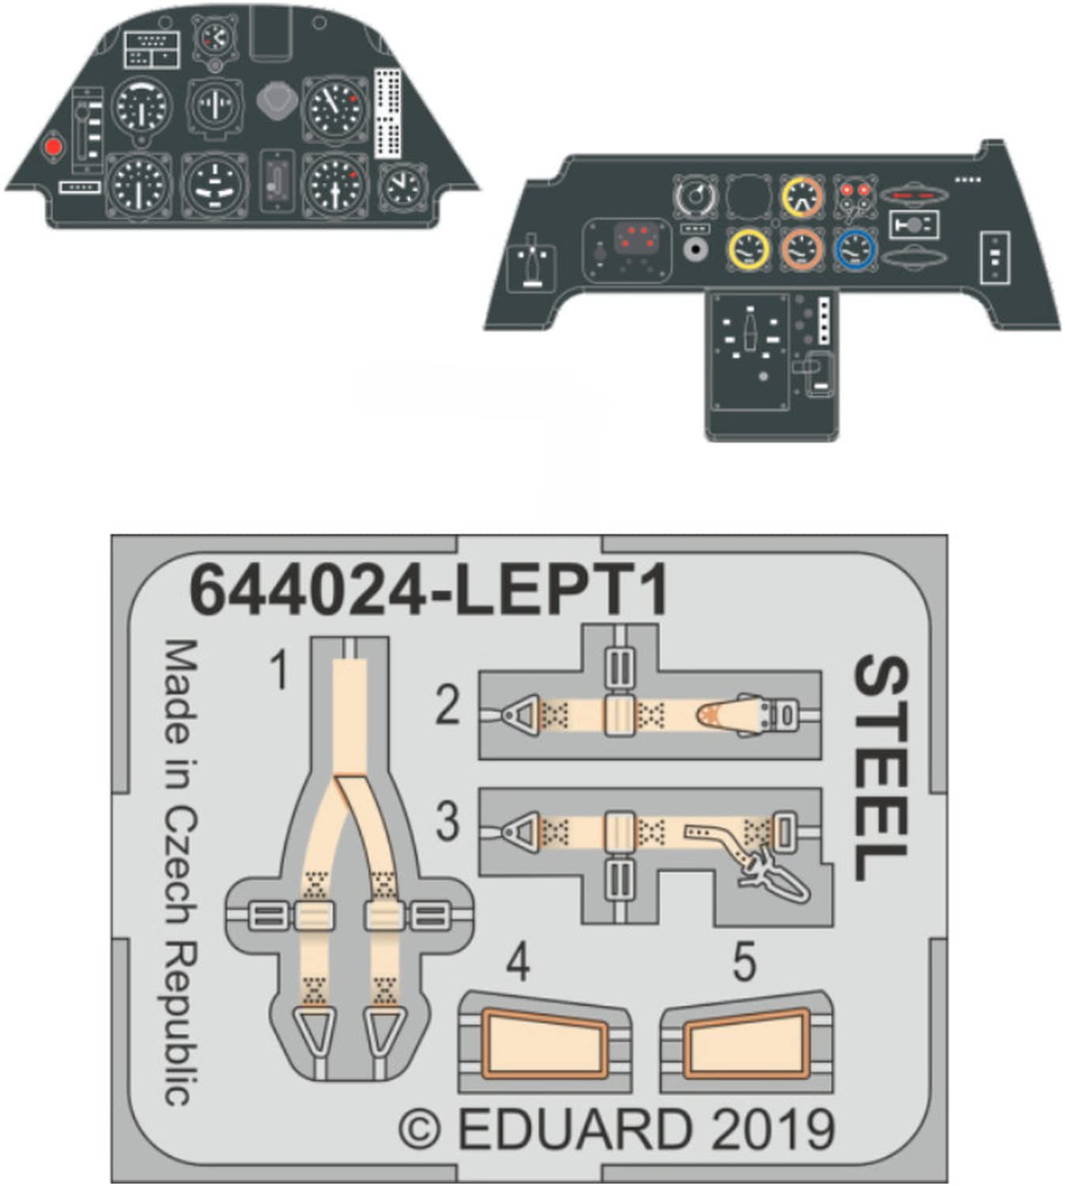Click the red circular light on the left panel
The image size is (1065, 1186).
pos(53,147)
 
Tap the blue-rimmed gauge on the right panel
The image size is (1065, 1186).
pos(855,249)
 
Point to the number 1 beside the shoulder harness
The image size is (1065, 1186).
pos(278,672)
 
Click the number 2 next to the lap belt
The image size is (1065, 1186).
pos(448,705)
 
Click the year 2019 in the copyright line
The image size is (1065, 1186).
pos(772,1129)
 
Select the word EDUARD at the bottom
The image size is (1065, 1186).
pos(575,1129)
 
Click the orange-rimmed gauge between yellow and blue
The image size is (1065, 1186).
pos(802,249)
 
